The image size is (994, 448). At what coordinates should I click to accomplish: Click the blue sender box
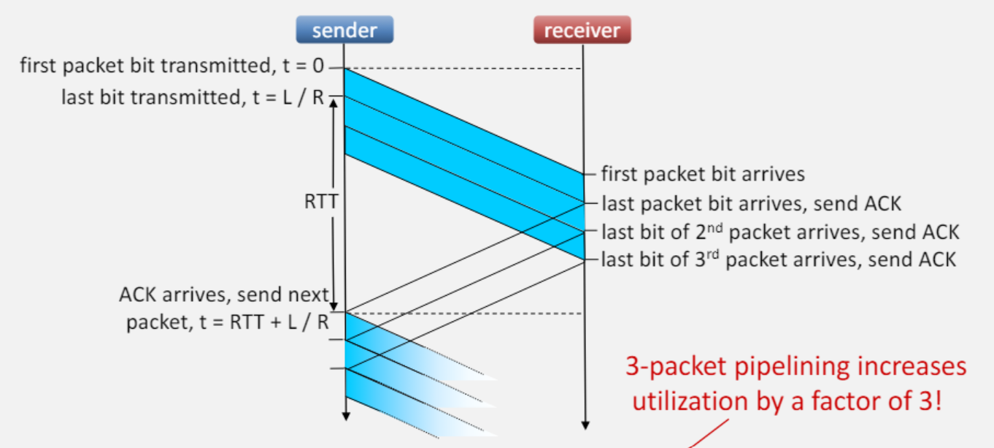tap(344, 30)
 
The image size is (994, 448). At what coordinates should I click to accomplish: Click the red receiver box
tap(582, 30)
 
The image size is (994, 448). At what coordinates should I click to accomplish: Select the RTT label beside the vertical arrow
tap(321, 201)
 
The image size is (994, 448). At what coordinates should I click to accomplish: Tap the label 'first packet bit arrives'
tap(703, 174)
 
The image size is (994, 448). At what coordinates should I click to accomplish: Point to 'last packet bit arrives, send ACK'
tap(751, 204)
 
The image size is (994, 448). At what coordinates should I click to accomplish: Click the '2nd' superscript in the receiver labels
tap(714, 227)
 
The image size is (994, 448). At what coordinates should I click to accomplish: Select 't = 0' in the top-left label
tap(304, 66)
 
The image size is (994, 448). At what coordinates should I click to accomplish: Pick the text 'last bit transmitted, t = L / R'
tap(193, 97)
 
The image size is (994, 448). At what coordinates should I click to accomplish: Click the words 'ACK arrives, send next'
tap(224, 295)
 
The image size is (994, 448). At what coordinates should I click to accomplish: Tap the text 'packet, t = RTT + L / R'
tap(228, 322)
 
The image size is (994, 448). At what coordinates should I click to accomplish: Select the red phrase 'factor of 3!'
tap(877, 400)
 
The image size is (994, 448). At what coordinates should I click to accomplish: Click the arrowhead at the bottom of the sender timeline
tap(346, 417)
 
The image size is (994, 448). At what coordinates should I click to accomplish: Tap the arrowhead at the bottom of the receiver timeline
tap(585, 425)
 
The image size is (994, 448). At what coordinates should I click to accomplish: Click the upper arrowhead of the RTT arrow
tap(334, 102)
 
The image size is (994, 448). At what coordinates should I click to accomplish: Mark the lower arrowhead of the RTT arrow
tap(334, 307)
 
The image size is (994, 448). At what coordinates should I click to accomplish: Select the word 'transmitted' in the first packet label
tap(216, 66)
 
